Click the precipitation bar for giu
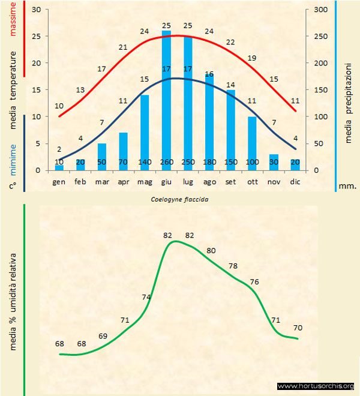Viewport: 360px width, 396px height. click(166, 96)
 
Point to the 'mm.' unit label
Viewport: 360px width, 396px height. click(348, 185)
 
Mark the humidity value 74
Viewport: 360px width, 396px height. click(146, 297)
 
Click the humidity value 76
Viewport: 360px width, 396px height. click(254, 281)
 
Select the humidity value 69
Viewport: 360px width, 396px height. click(103, 335)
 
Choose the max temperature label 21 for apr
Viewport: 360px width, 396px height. click(123, 47)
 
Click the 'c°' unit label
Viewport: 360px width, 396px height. click(12, 185)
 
